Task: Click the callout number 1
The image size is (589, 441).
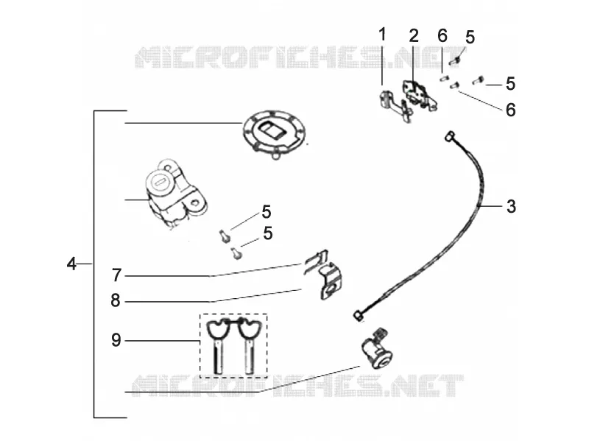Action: click(382, 35)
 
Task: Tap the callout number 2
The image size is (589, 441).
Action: click(414, 35)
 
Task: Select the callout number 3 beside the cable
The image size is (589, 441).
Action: click(511, 206)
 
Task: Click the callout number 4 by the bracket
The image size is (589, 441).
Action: click(71, 264)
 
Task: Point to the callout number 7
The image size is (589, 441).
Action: click(117, 275)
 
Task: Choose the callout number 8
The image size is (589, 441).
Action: click(116, 300)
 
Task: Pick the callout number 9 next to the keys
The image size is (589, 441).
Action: click(116, 340)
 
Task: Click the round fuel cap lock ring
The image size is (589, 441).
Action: click(274, 135)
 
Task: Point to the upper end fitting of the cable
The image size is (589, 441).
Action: click(449, 136)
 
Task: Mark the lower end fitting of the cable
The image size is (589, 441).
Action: click(359, 316)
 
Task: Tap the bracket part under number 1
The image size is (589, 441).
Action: click(395, 105)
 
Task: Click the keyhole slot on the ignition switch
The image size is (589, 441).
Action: click(161, 183)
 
